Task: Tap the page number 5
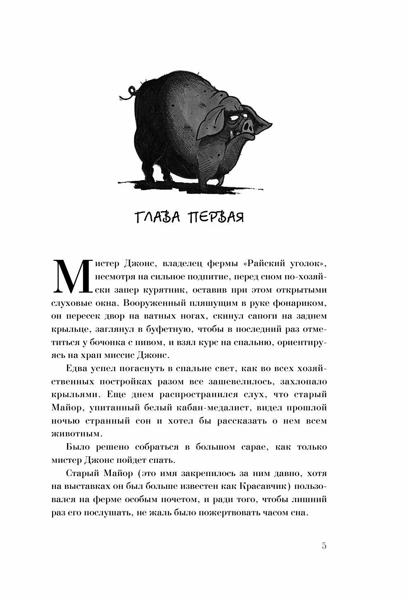pos(324,546)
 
